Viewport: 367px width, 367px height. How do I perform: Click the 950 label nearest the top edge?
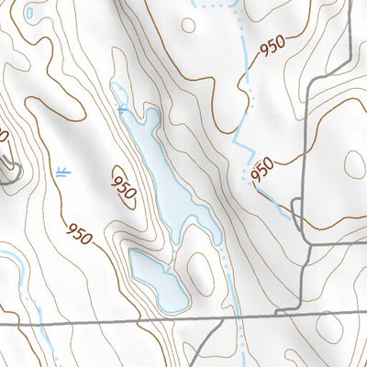272,47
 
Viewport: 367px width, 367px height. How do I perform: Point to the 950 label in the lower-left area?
79,234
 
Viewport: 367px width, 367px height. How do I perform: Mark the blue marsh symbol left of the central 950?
61,172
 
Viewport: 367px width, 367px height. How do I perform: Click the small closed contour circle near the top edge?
188,25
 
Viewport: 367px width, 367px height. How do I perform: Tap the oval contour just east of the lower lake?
197,261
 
